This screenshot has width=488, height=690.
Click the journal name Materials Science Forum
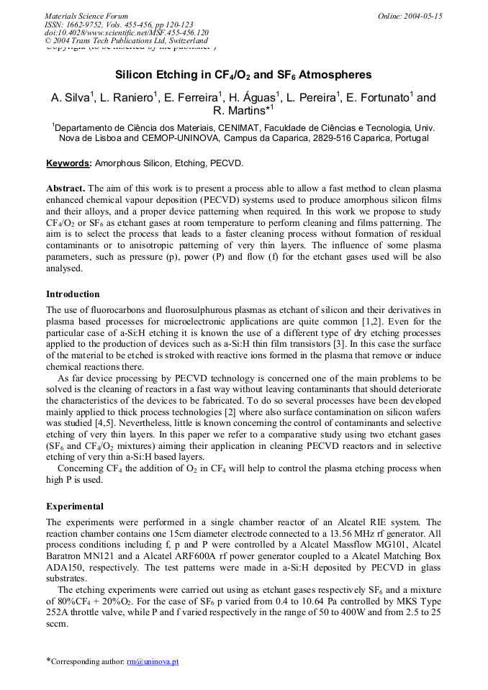[x=86, y=16]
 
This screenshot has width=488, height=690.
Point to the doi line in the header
[x=127, y=32]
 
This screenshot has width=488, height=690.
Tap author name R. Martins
[x=238, y=111]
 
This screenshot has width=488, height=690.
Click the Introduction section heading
[x=73, y=294]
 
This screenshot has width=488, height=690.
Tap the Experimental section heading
[x=74, y=507]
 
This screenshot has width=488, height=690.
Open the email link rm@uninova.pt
[x=153, y=661]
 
